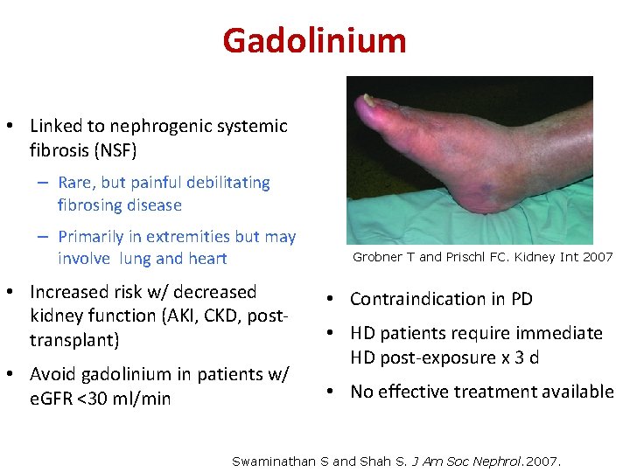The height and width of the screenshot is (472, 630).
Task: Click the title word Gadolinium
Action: pos(314,40)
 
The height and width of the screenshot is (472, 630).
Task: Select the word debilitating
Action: pos(222,183)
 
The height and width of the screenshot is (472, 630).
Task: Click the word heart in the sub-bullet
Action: pos(206,259)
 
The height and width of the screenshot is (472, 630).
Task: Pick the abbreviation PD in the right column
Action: pos(521,299)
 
